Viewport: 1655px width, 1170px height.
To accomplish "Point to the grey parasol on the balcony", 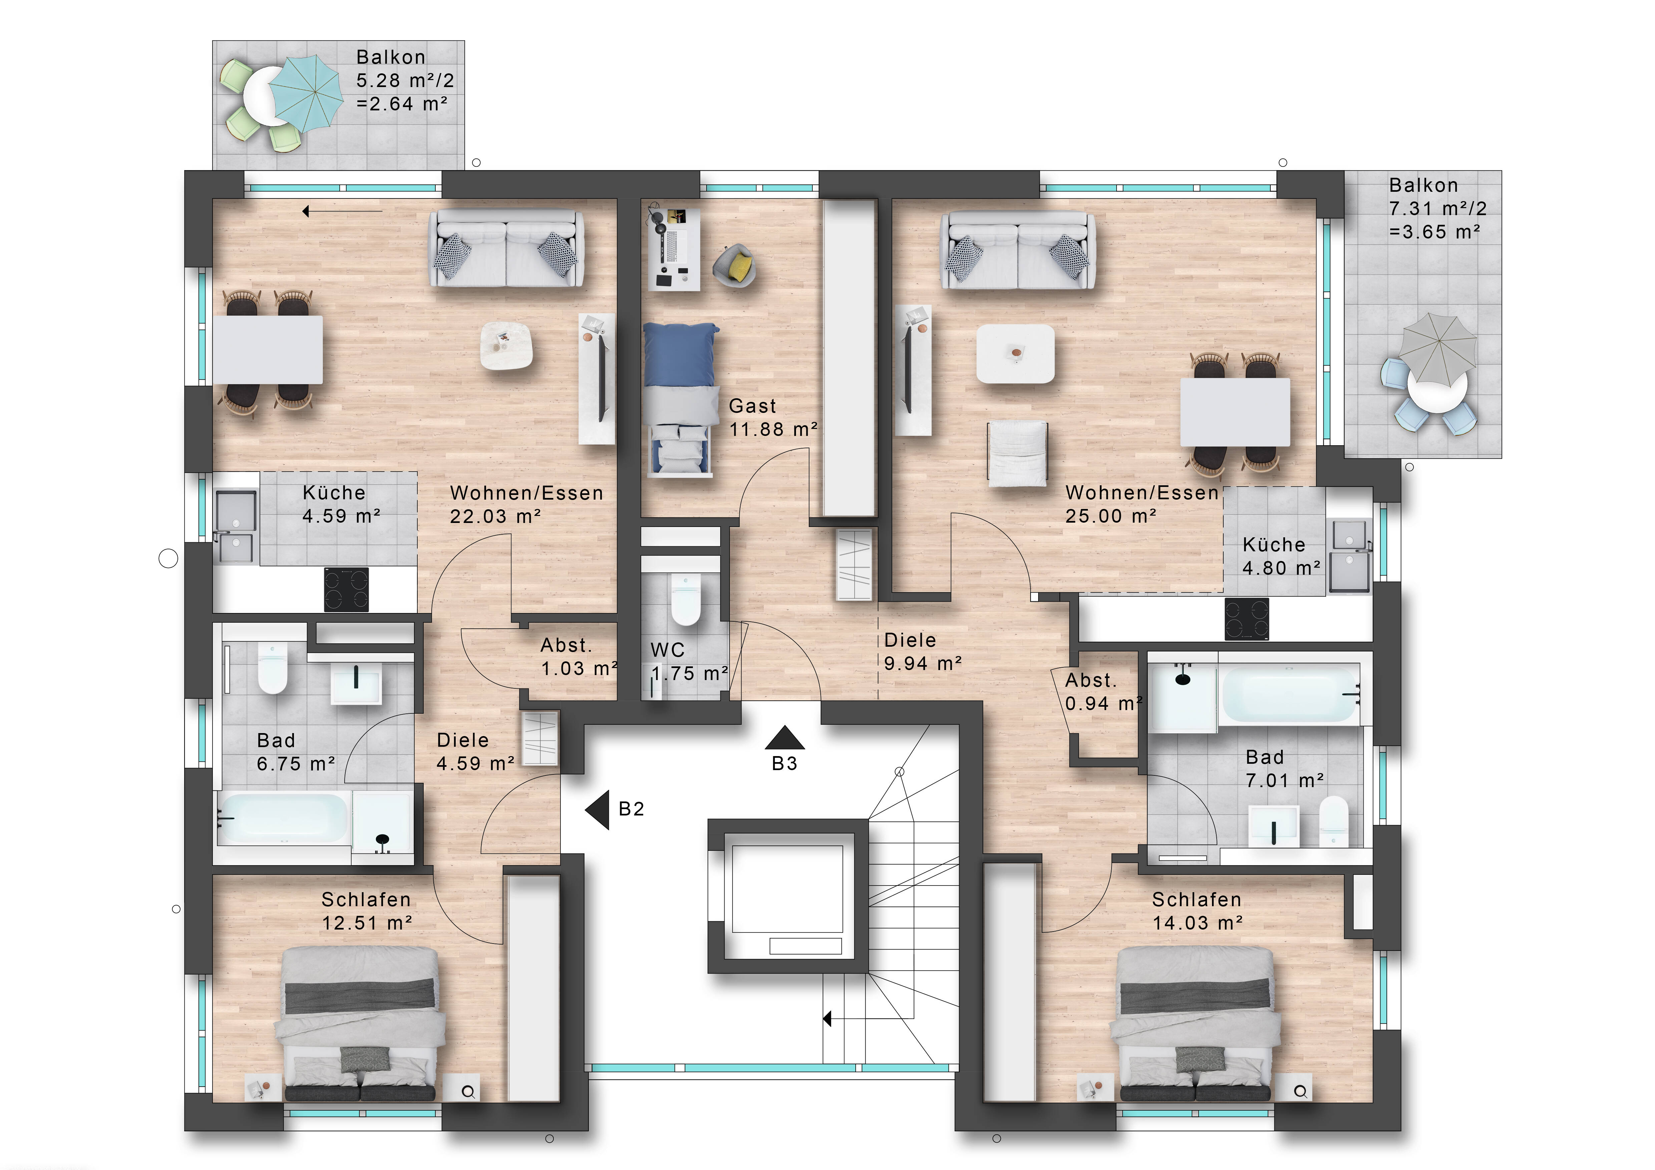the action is [1436, 348].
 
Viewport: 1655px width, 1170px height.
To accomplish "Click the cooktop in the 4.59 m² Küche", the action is [346, 589].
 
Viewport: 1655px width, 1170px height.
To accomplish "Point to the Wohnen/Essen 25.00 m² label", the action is [1142, 504].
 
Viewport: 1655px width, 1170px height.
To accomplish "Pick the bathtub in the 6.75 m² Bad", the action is [283, 818].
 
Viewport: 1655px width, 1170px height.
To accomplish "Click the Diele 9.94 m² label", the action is [923, 651].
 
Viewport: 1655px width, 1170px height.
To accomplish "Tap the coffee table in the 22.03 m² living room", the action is [507, 347].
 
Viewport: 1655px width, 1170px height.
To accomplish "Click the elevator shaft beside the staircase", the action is [788, 896].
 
